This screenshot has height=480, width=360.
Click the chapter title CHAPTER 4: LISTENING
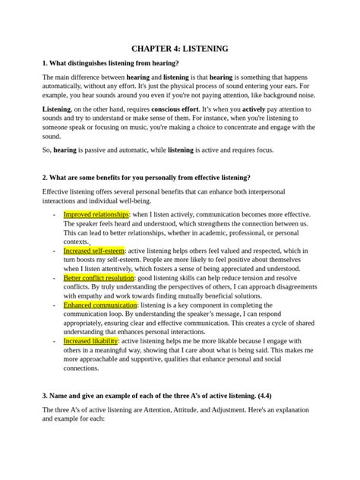(179, 48)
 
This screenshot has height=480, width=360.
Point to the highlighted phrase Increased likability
(90, 342)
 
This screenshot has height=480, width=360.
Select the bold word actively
(263, 109)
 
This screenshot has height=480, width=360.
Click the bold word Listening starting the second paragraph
(58, 109)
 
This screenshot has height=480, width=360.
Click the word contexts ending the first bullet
(78, 242)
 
